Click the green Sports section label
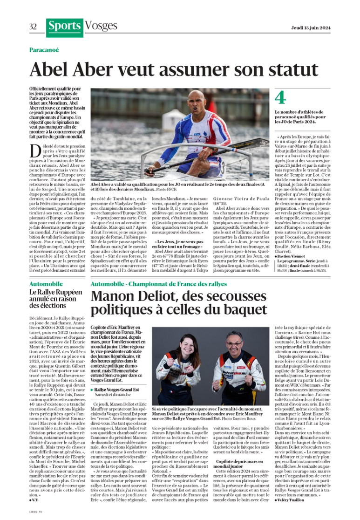tap(65, 27)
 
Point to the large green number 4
tap(280, 98)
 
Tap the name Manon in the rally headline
tap(113, 297)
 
